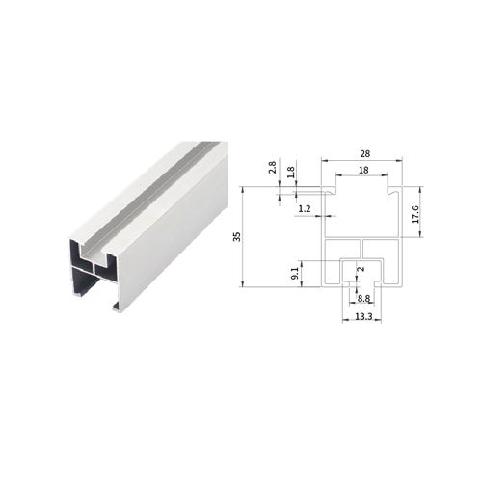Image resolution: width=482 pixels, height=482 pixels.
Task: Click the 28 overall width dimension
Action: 365,154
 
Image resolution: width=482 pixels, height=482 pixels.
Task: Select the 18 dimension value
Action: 363,170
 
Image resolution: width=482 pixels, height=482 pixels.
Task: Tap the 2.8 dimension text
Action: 273,168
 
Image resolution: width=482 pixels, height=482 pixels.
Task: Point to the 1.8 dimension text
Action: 291,172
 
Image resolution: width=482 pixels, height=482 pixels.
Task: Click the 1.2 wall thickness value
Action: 305,209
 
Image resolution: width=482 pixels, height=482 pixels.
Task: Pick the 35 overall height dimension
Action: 237,237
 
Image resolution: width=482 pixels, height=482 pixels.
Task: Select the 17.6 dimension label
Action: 415,215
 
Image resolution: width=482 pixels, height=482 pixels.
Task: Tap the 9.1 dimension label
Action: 295,274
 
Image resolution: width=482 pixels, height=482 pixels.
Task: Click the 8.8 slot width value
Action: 363,299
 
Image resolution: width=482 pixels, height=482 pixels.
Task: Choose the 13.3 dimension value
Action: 363,317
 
